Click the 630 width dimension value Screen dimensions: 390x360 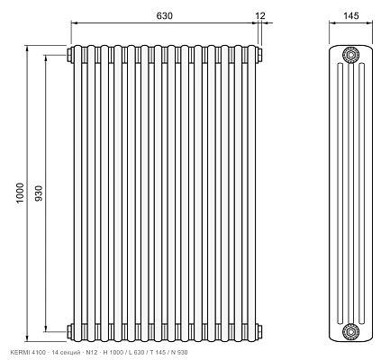pyautogui.click(x=165, y=15)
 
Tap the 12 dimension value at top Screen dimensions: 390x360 pyautogui.click(x=260, y=15)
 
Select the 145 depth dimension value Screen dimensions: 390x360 pyautogui.click(x=351, y=15)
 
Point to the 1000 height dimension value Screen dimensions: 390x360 pyautogui.click(x=20, y=193)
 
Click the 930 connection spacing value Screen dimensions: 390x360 pyautogui.click(x=39, y=193)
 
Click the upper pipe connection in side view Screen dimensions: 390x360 pyautogui.click(x=350, y=55)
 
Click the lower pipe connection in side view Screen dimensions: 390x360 pyautogui.click(x=350, y=331)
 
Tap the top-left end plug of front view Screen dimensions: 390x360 pyautogui.click(x=70, y=55)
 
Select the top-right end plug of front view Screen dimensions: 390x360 pyautogui.click(x=259, y=55)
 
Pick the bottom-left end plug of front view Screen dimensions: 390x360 pyautogui.click(x=70, y=331)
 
